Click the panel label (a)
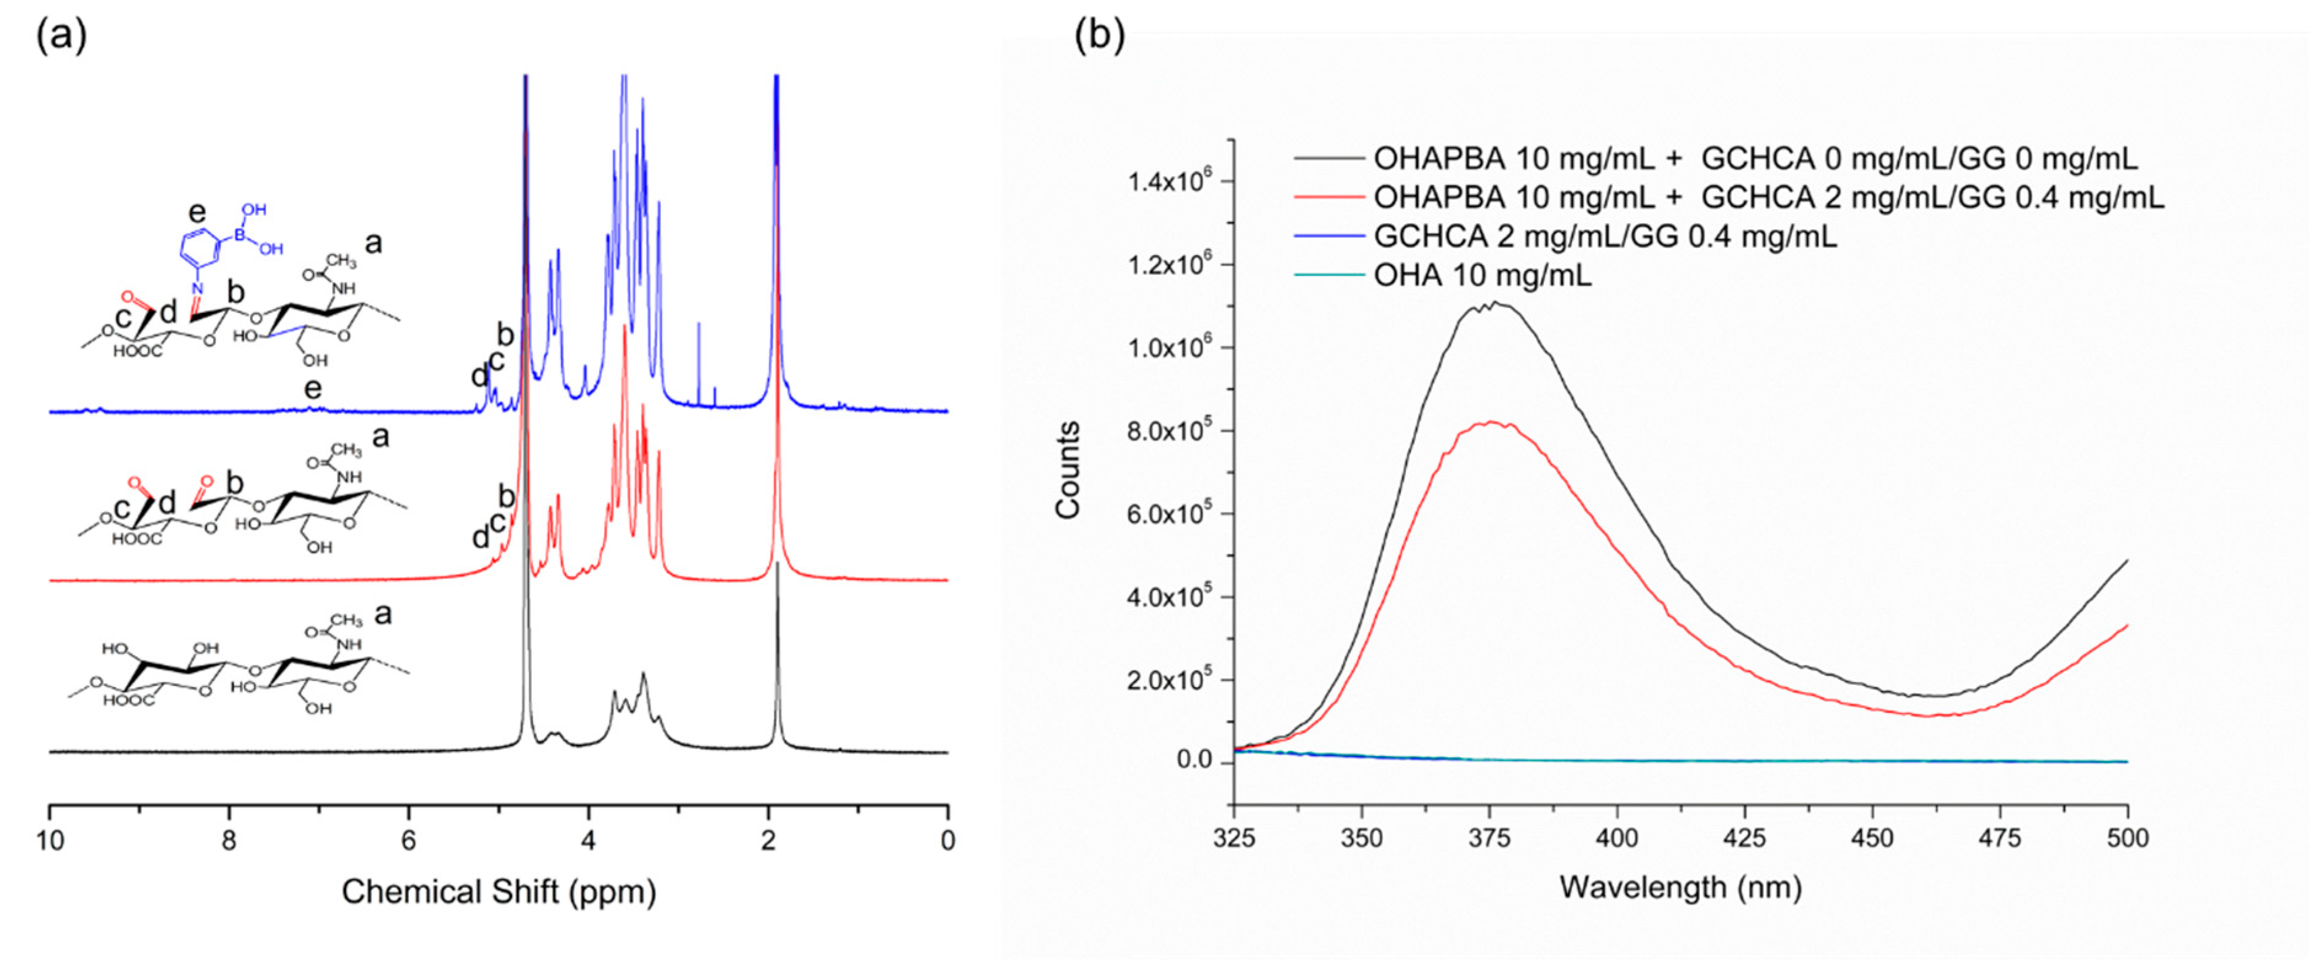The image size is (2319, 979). (61, 36)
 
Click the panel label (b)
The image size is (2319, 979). (1100, 36)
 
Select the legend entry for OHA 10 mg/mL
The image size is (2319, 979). (1482, 275)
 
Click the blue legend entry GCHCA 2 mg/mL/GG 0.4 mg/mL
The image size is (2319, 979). (1604, 237)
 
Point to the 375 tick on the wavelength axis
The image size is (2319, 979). (1489, 839)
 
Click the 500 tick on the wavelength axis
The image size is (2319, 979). (2127, 839)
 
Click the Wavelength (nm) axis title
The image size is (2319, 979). (1680, 888)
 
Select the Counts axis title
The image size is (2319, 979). (1069, 470)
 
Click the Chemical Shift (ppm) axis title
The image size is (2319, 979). (499, 892)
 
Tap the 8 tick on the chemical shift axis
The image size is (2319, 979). (229, 841)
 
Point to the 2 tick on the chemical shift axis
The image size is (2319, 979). (768, 841)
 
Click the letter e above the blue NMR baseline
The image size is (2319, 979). (312, 389)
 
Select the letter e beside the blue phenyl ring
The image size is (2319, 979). (196, 213)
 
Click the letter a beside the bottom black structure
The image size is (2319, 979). (382, 615)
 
